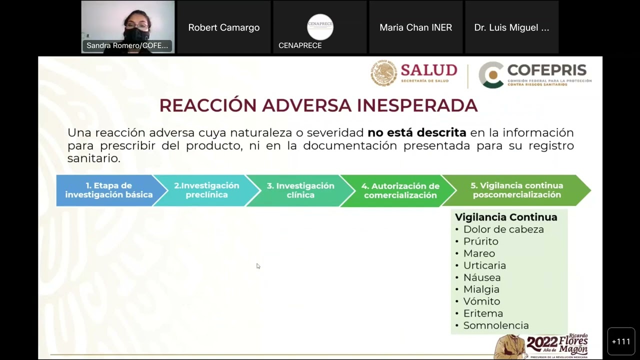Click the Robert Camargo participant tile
click(223, 27)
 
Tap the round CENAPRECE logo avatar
click(320, 27)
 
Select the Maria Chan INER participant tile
click(415, 27)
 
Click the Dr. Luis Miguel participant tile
click(511, 27)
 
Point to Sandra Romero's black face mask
click(136, 35)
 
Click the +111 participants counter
click(621, 341)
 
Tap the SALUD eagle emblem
click(383, 73)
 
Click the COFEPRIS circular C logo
click(491, 75)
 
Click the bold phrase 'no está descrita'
click(416, 132)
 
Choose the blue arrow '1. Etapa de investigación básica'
click(109, 190)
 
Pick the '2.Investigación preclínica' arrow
click(206, 190)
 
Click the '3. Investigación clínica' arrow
click(300, 190)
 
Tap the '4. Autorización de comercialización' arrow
click(400, 190)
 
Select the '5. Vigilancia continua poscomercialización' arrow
click(516, 190)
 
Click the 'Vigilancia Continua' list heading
click(506, 217)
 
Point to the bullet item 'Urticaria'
click(484, 265)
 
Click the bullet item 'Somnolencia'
click(495, 325)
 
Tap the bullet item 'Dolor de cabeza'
click(503, 229)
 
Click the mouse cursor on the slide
click(258, 266)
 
